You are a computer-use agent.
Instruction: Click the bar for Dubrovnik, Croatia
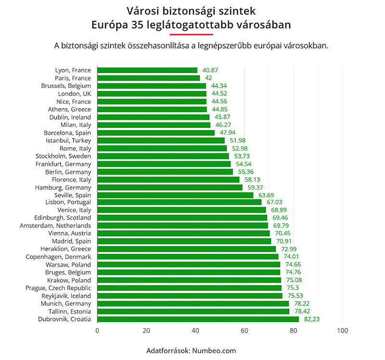(x=198, y=319)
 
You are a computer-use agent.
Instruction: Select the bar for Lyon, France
(x=147, y=70)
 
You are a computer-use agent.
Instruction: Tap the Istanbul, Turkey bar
(x=161, y=141)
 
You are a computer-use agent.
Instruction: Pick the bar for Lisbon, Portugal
(x=179, y=202)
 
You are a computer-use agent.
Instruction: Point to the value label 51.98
(x=238, y=141)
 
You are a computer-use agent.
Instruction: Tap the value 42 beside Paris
(x=208, y=78)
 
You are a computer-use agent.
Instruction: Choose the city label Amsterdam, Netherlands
(x=55, y=225)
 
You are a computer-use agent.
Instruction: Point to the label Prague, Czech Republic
(x=58, y=288)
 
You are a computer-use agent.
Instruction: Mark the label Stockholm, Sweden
(x=64, y=156)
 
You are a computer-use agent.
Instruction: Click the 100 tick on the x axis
(x=342, y=331)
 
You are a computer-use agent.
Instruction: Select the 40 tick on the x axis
(x=195, y=331)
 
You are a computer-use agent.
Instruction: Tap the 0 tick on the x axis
(x=97, y=331)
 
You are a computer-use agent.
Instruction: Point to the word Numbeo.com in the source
(x=214, y=350)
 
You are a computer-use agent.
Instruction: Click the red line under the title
(x=191, y=35)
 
